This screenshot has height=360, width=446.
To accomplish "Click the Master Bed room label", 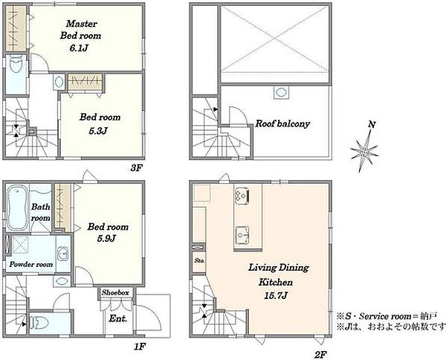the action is (81, 30).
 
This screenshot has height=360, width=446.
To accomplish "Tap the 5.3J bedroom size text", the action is (98, 131).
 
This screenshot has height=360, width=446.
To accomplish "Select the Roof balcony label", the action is (282, 123).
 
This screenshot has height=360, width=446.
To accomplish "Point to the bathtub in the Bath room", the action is (17, 208).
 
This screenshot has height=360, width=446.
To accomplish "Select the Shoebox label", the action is (115, 292).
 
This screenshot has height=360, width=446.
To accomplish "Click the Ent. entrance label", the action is (117, 318).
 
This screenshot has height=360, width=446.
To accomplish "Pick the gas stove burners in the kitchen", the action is (242, 196).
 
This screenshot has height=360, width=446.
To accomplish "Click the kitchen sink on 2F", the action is (242, 235).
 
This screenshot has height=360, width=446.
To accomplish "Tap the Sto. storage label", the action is (199, 260).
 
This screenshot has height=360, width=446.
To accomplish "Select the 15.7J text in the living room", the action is (276, 296).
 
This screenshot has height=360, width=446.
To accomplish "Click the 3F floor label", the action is (136, 168).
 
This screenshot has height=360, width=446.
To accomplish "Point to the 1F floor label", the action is (140, 347).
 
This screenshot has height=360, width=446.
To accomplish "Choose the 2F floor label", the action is (320, 355).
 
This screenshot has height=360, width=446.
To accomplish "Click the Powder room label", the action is (31, 264).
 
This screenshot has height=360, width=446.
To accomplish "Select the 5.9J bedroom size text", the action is (106, 238).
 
